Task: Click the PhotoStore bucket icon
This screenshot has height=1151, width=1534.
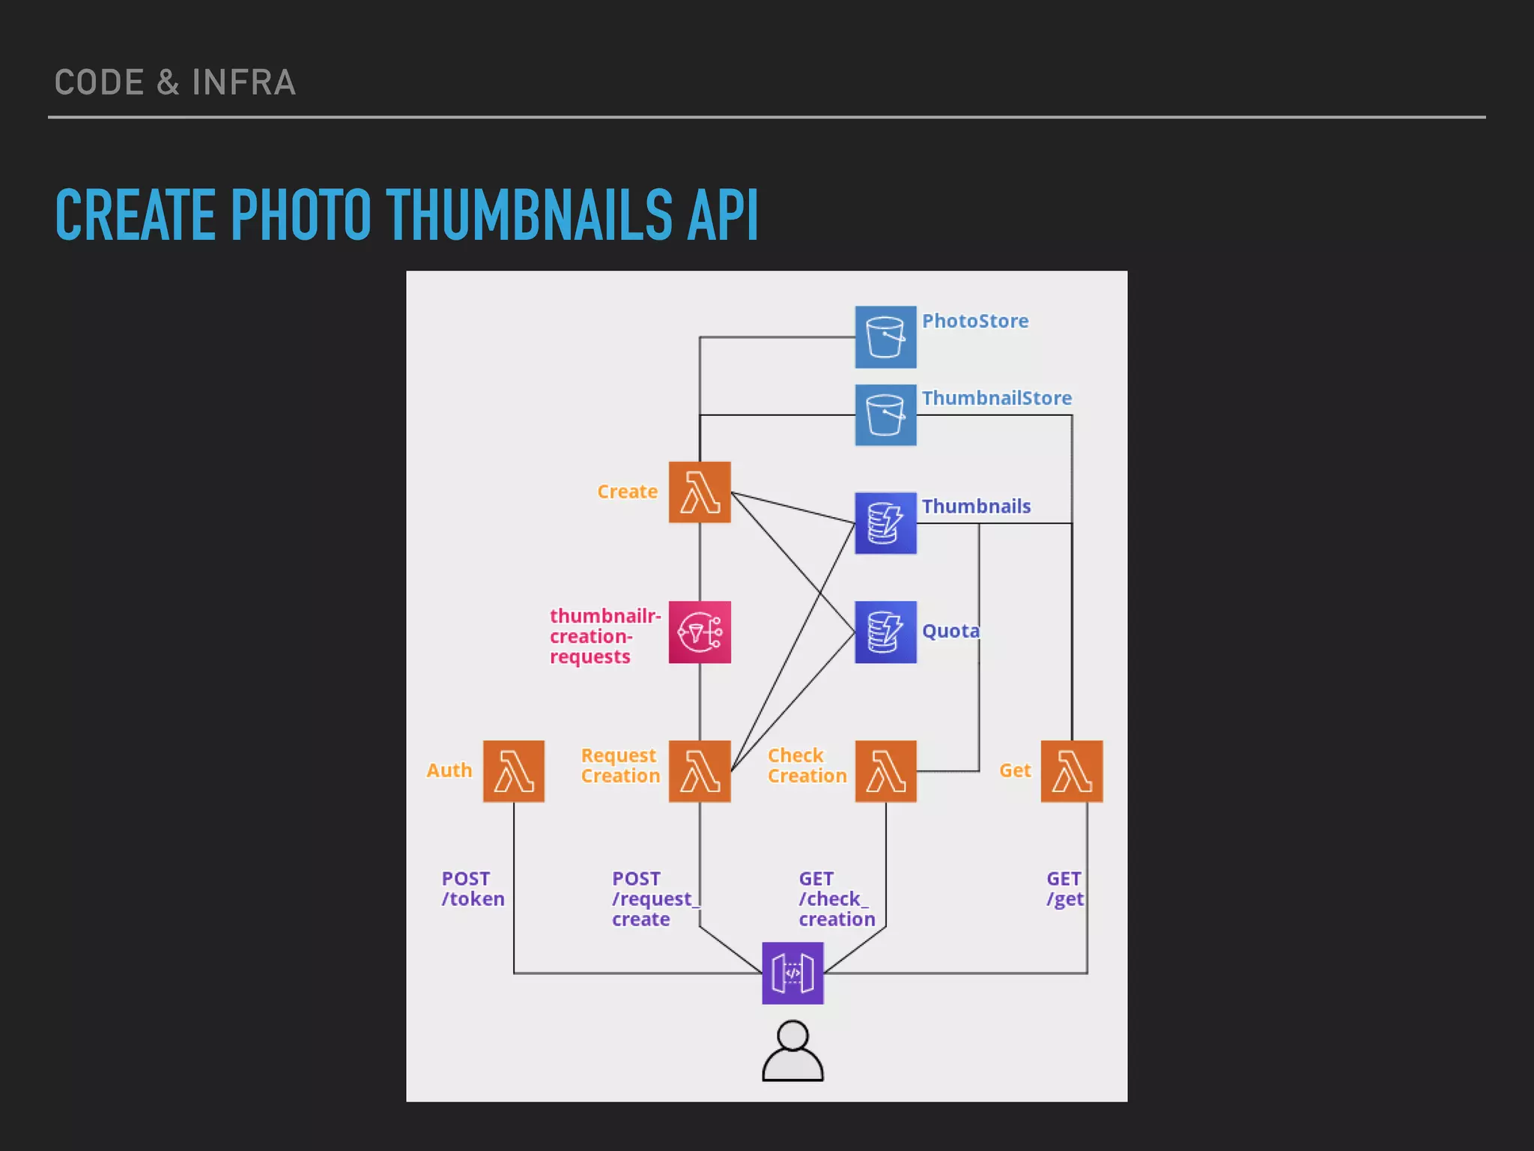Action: (885, 337)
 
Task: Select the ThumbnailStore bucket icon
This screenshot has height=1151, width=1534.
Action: (885, 415)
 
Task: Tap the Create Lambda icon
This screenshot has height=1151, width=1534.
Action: (700, 492)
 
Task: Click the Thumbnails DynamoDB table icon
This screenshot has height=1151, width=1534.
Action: (885, 523)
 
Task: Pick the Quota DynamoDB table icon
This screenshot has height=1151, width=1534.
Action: (885, 632)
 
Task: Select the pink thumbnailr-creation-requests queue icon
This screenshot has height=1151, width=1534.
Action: (700, 632)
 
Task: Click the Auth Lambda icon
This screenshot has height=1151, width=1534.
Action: (514, 771)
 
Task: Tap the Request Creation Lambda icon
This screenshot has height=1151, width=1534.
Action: (700, 771)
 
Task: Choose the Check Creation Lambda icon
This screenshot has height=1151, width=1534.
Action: (885, 771)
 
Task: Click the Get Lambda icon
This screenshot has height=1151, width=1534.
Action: (1072, 771)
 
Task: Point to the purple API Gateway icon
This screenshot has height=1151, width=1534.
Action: (792, 973)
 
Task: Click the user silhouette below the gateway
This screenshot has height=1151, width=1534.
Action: (792, 1051)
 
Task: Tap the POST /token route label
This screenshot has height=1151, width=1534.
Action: (473, 889)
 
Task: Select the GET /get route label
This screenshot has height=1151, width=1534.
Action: (1064, 889)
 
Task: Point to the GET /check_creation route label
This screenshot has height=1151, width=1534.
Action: (836, 898)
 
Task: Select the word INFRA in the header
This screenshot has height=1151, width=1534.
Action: (243, 82)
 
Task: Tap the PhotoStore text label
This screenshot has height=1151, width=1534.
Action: (974, 321)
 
